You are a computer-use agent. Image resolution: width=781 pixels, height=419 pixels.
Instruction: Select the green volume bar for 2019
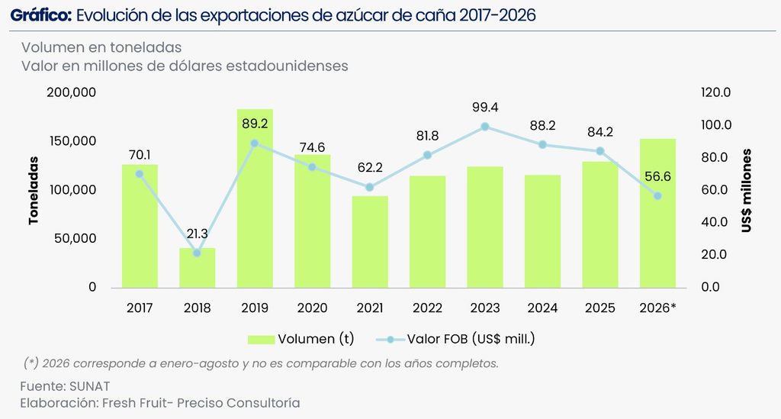click(x=255, y=198)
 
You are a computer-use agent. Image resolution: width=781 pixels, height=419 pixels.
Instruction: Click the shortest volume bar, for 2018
click(x=198, y=268)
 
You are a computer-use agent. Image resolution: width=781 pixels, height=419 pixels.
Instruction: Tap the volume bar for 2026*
click(x=657, y=213)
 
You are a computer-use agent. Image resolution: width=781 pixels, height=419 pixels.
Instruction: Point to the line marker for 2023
click(x=485, y=127)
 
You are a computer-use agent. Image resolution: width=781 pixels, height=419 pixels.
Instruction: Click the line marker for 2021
click(x=370, y=187)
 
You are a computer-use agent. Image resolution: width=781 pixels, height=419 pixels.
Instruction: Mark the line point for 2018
click(x=197, y=253)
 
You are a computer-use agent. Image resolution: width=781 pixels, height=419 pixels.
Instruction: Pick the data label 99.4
click(x=485, y=107)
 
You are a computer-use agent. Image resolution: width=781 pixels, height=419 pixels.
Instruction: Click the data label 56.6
click(x=657, y=176)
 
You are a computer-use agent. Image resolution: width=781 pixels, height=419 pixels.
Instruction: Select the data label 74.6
click(x=312, y=147)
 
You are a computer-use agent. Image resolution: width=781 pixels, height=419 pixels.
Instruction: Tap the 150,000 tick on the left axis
click(x=72, y=141)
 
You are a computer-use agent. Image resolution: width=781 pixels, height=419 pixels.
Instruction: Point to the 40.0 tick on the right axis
click(x=714, y=221)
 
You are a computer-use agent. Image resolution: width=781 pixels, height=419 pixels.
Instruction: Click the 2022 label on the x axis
click(x=427, y=308)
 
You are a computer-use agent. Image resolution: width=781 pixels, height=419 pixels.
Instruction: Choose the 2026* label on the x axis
click(x=657, y=308)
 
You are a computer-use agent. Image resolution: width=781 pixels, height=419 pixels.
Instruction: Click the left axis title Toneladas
click(x=34, y=190)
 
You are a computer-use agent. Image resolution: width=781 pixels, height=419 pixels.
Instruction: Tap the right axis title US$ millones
click(x=746, y=190)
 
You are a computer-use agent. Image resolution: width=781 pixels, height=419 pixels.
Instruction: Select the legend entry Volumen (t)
click(x=301, y=339)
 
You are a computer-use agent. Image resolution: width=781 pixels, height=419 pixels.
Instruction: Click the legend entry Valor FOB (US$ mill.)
click(x=455, y=339)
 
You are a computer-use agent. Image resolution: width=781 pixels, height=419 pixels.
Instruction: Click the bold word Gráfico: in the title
click(x=41, y=15)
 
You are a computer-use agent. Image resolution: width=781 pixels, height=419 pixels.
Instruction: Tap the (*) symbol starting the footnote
click(x=31, y=363)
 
